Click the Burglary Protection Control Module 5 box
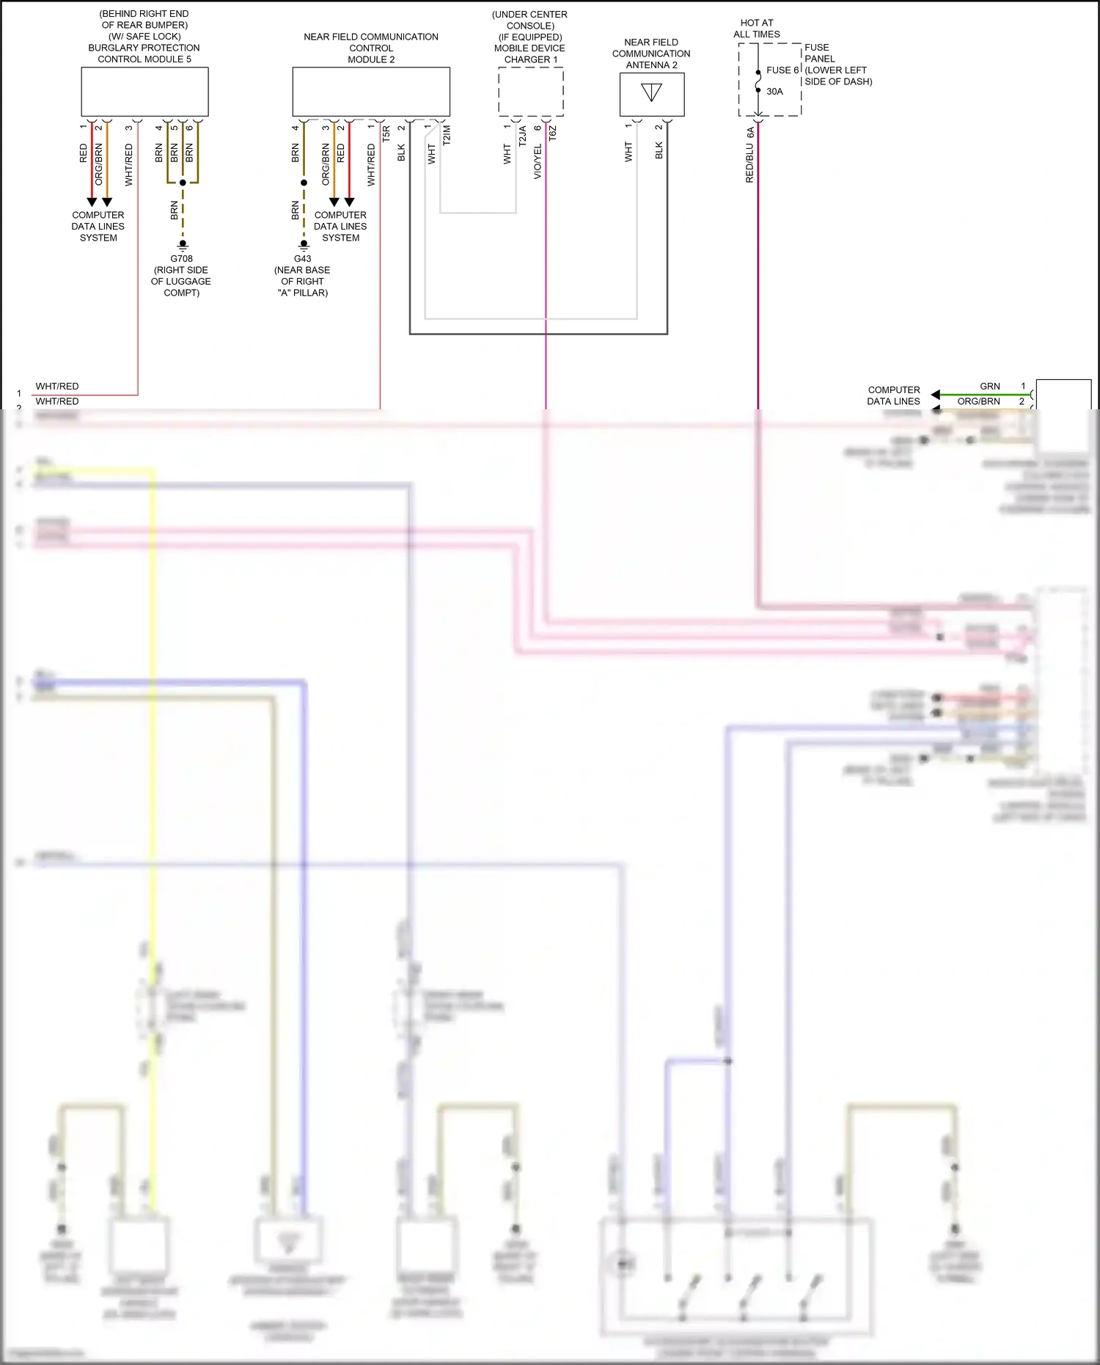pyautogui.click(x=144, y=92)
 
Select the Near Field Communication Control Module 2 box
pyautogui.click(x=371, y=92)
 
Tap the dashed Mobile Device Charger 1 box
pyautogui.click(x=531, y=92)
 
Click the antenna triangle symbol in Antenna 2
pyautogui.click(x=651, y=92)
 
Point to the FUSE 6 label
pyautogui.click(x=782, y=70)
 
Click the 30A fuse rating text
pyautogui.click(x=774, y=92)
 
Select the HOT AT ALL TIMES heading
pyautogui.click(x=757, y=29)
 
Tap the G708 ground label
pyautogui.click(x=181, y=259)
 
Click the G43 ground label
pyautogui.click(x=302, y=259)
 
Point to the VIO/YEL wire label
pyautogui.click(x=538, y=161)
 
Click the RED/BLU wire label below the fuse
pyautogui.click(x=749, y=163)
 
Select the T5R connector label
pyautogui.click(x=386, y=133)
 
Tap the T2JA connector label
pyautogui.click(x=523, y=136)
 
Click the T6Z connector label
pyautogui.click(x=553, y=133)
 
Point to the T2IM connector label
pyautogui.click(x=447, y=135)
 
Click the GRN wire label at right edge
pyautogui.click(x=989, y=387)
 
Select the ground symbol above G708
pyautogui.click(x=183, y=244)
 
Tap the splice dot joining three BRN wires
pyautogui.click(x=183, y=183)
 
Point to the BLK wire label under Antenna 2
pyautogui.click(x=659, y=150)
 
